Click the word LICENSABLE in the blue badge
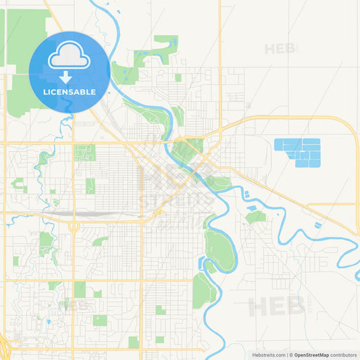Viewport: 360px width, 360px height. click(70, 91)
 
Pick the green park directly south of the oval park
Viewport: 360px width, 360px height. click(203, 290)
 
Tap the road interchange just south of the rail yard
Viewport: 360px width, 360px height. click(72, 227)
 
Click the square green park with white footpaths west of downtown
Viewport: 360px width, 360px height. click(84, 153)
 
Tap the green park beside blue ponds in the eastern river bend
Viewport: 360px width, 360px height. click(255, 217)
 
